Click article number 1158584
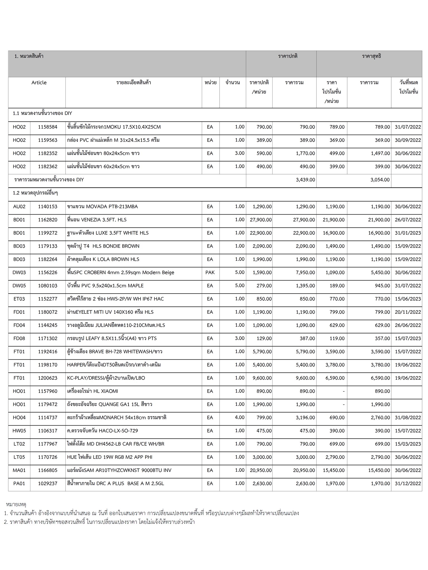[48, 127]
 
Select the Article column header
[39, 83]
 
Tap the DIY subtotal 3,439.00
[305, 180]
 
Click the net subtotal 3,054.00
[380, 180]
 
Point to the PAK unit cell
[210, 272]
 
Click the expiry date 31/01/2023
[408, 233]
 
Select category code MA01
[19, 470]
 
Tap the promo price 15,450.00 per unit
[334, 470]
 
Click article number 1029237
[48, 483]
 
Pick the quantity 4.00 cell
[240, 417]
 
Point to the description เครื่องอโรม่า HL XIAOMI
[93, 391]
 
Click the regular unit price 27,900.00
[261, 220]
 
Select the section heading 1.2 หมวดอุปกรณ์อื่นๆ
[35, 193]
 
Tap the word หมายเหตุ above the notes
[16, 504]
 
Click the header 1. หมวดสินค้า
[29, 56]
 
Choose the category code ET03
[19, 299]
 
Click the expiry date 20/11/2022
[408, 312]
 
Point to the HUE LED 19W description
[110, 457]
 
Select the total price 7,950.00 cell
[305, 272]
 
